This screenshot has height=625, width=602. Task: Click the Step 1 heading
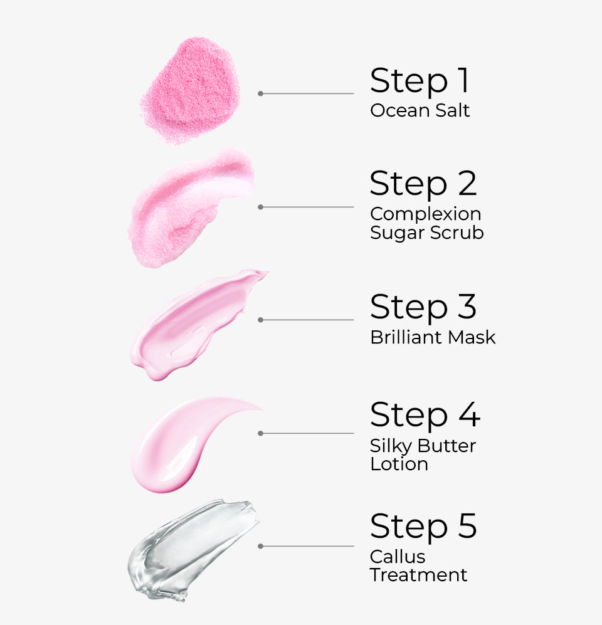tap(419, 81)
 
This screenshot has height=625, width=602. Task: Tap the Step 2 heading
tap(423, 184)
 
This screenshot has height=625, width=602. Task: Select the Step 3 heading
tap(423, 307)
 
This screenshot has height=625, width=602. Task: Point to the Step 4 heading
tap(425, 415)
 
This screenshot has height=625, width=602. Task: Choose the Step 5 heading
tap(423, 526)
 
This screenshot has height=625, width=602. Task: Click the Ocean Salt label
tap(420, 111)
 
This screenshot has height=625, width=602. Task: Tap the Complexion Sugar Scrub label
tap(426, 223)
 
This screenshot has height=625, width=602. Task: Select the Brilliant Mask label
tap(433, 337)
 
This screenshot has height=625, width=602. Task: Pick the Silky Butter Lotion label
tap(423, 455)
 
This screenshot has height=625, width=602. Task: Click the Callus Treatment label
tap(418, 565)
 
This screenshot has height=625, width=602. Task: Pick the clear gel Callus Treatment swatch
tap(188, 549)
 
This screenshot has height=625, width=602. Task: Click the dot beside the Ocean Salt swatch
tap(260, 93)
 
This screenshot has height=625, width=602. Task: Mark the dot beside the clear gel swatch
tap(260, 546)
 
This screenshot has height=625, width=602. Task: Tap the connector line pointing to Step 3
tap(307, 320)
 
